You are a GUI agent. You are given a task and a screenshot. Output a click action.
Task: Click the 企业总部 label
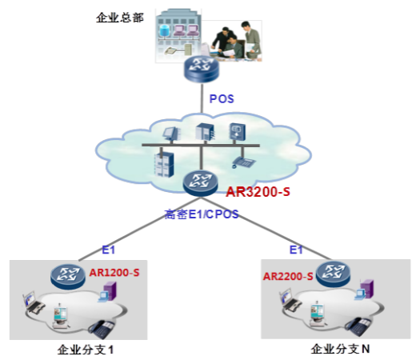[x=120, y=18]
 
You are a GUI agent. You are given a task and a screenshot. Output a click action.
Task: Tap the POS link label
[x=222, y=99]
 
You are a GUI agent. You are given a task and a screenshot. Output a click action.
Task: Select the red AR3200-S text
[x=258, y=192]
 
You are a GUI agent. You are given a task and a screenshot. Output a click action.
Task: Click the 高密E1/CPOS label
[x=202, y=214]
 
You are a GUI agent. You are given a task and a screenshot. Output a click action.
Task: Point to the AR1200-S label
[x=114, y=273]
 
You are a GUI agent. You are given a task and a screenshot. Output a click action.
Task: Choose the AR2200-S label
[x=288, y=276]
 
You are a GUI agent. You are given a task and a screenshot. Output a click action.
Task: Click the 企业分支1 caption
[x=86, y=350]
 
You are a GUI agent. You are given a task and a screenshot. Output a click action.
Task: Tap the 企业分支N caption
[x=340, y=349]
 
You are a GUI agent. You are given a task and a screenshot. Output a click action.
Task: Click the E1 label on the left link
[x=108, y=250]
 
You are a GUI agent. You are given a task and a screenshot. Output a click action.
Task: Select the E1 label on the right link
[x=296, y=250]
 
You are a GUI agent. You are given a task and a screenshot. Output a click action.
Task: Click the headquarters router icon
[x=202, y=69]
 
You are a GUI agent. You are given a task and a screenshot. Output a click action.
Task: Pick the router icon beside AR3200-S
[x=200, y=183]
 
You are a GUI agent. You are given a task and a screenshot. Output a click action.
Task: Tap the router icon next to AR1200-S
[x=68, y=276]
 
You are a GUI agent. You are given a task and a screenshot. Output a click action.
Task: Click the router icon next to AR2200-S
[x=333, y=274]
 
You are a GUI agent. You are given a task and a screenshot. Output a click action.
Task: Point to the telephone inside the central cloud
[x=243, y=162]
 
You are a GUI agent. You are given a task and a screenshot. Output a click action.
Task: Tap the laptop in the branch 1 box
[x=34, y=302]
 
